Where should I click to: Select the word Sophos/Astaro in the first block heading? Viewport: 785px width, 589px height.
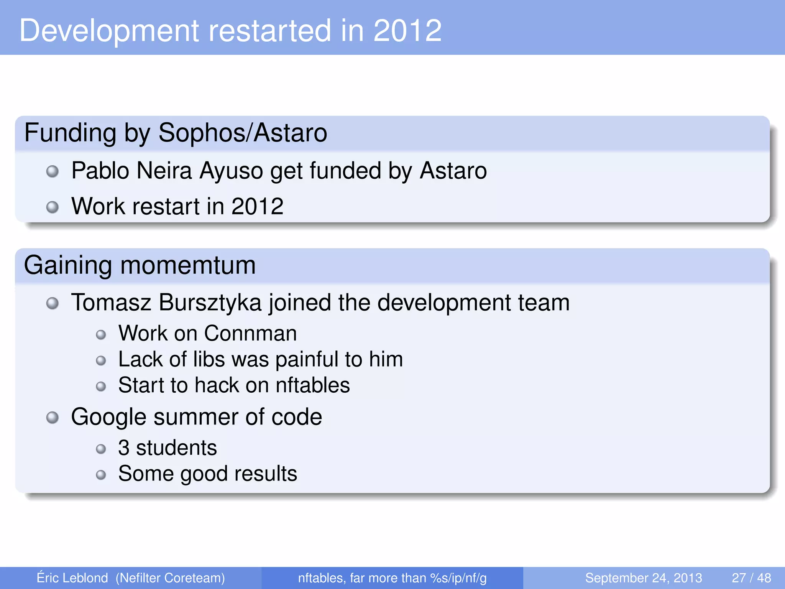click(243, 133)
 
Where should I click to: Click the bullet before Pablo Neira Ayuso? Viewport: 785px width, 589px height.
click(53, 171)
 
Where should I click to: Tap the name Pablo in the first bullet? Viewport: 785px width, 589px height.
click(100, 171)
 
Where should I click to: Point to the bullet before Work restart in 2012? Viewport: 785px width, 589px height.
click(53, 207)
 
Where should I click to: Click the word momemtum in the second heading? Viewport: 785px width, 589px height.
click(188, 265)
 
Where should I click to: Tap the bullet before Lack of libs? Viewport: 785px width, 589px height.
click(101, 360)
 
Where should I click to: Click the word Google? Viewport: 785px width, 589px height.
click(108, 417)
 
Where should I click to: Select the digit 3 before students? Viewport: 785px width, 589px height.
click(124, 448)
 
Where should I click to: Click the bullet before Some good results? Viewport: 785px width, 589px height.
click(101, 475)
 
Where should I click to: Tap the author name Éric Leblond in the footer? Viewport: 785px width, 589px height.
click(72, 578)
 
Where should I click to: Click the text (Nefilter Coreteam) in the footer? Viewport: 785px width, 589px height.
click(170, 578)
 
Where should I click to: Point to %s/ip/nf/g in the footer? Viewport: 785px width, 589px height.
click(458, 578)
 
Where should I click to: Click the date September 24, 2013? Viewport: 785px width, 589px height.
click(644, 578)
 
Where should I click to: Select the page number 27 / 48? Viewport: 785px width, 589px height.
click(751, 578)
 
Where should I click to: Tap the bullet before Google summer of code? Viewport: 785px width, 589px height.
click(53, 417)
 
